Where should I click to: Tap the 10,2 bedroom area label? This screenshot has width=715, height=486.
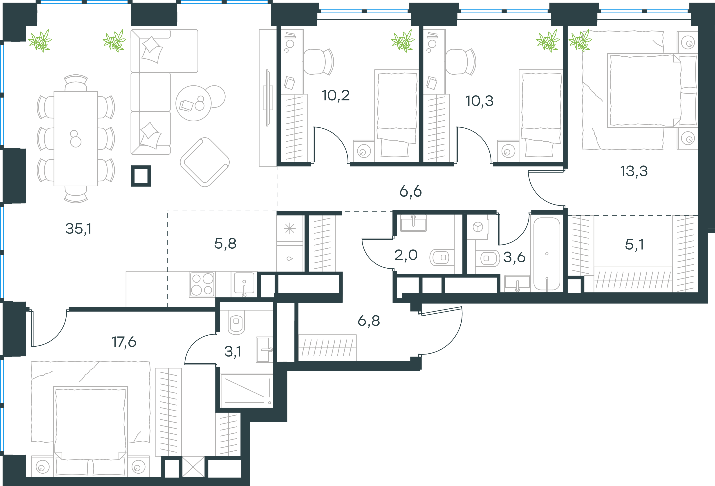click(x=336, y=96)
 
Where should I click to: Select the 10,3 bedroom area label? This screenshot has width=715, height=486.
click(x=479, y=101)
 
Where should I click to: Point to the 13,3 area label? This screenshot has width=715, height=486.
click(x=634, y=171)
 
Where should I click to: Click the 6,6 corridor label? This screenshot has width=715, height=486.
click(x=410, y=192)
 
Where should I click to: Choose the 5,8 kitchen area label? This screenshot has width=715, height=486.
click(x=225, y=244)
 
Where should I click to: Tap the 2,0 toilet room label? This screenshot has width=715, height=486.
click(x=406, y=255)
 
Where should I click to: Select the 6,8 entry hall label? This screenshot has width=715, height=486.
click(x=369, y=321)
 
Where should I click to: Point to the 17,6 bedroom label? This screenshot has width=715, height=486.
click(x=124, y=342)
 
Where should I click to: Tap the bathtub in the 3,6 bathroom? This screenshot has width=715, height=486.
click(x=547, y=254)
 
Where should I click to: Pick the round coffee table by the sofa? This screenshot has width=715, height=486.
click(x=193, y=103)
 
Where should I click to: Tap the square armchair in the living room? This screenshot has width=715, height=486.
click(x=205, y=162)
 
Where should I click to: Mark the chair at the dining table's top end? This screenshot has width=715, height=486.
click(x=76, y=83)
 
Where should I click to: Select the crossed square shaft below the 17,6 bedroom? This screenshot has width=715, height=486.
click(x=193, y=467)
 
